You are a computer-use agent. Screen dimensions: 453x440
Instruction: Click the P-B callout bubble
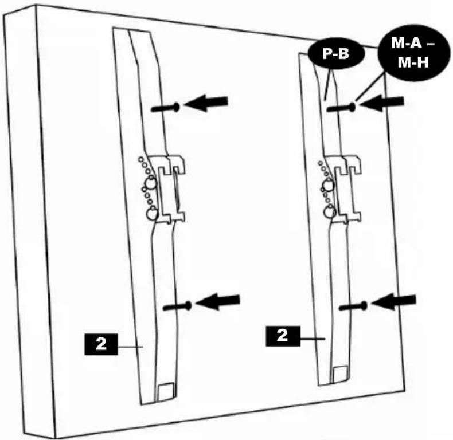(336, 53)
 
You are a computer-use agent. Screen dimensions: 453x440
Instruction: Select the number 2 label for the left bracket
(101, 344)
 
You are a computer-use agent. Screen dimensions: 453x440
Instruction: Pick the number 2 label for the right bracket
(283, 336)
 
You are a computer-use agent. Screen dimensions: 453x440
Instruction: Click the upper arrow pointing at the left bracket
(206, 103)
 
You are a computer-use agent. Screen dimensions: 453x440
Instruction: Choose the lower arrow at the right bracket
(394, 302)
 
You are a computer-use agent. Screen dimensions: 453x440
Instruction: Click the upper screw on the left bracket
(166, 108)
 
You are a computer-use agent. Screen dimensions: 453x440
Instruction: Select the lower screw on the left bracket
(177, 307)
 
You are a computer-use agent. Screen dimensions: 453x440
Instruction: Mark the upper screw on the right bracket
(341, 108)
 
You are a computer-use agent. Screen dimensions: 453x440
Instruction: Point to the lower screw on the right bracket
(353, 307)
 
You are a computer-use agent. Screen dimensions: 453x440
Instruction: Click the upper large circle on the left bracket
(150, 182)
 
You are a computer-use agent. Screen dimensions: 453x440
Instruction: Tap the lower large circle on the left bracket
(152, 214)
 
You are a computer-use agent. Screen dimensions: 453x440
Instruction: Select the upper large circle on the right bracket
(328, 184)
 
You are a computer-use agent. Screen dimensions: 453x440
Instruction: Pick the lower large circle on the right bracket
(329, 212)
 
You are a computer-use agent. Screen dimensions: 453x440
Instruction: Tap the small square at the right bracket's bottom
(341, 374)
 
